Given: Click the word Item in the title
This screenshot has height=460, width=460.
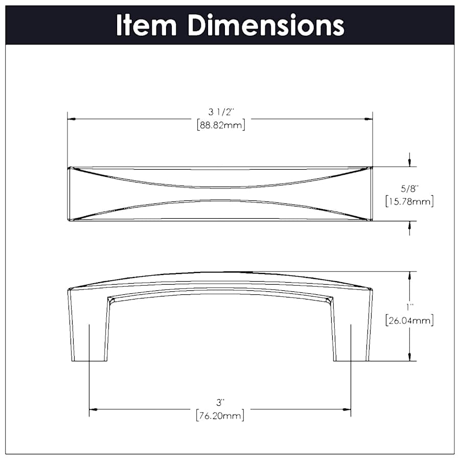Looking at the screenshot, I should click(147, 25).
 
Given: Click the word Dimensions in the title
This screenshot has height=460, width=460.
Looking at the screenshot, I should click(265, 25).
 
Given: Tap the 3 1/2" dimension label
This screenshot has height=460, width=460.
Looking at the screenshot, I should click(220, 112).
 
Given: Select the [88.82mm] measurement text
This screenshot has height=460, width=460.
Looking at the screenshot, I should click(220, 125).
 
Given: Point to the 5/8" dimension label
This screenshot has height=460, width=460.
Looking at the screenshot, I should click(409, 188).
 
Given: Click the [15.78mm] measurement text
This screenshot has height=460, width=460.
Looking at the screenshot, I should click(409, 201).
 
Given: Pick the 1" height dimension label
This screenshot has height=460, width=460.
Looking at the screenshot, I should click(409, 307).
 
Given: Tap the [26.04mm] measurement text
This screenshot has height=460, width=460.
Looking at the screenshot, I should click(409, 321).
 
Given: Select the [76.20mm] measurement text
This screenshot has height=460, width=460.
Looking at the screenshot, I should click(220, 415).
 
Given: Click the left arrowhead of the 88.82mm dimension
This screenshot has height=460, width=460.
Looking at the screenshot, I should click(72, 119).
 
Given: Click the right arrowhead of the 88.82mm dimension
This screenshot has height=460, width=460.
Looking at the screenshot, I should click(368, 119).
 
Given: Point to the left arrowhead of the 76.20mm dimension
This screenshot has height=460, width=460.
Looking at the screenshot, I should click(93, 409).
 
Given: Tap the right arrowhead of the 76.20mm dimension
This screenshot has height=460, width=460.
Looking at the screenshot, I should click(347, 409).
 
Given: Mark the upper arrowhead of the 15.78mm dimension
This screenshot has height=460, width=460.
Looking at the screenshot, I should click(409, 163).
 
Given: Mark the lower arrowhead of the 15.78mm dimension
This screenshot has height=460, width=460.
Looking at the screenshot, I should click(409, 225).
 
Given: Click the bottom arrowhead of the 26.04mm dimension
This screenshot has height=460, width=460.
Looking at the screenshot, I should click(409, 357).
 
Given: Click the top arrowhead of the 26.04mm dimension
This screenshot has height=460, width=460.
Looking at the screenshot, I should click(409, 275).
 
